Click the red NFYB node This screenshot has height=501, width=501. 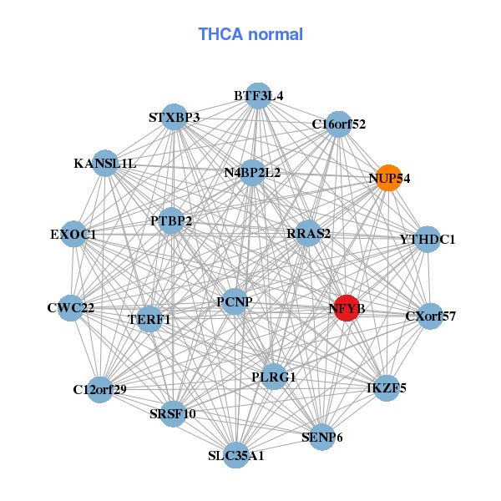coord(347,308)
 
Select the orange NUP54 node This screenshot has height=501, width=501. coord(388,178)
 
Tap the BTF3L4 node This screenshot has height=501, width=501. coord(258,96)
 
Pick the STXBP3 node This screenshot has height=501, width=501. coord(174,117)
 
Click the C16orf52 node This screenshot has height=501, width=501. coord(338,124)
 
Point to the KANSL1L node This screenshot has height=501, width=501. coord(108,163)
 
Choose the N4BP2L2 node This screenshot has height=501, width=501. coord(252,173)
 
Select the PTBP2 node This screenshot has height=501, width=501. coord(171,221)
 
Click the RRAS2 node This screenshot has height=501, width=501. coord(308,233)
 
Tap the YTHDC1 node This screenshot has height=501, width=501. coord(427,240)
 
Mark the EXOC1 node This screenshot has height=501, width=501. coord(74,235)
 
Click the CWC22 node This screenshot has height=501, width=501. coord(72,308)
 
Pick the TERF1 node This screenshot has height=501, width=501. coord(149,319)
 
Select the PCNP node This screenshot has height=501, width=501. coord(234,301)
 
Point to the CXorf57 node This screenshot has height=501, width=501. coord(429,316)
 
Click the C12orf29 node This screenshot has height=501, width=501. coord(99,389)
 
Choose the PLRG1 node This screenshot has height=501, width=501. coord(273,377)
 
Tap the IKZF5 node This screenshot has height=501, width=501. coord(386,387)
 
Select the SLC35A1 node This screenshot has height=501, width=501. coord(236,455)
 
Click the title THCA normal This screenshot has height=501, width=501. coord(250,34)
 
